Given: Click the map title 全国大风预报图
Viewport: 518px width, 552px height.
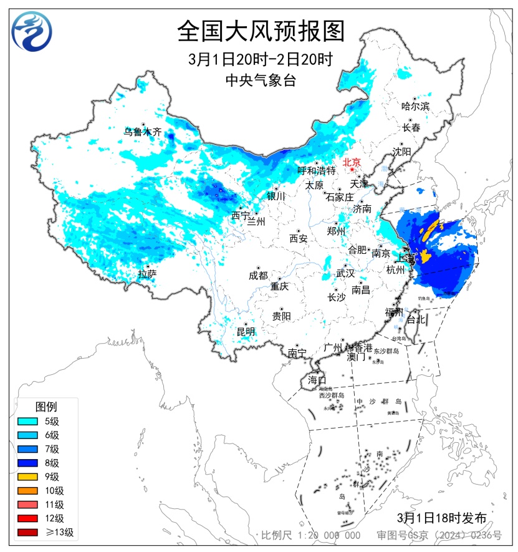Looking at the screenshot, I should click(x=261, y=30).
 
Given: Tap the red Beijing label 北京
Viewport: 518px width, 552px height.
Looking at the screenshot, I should click(x=352, y=161).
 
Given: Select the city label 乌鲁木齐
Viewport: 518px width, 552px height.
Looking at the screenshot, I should click(x=142, y=132).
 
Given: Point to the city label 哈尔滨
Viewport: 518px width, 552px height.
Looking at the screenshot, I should click(x=415, y=106).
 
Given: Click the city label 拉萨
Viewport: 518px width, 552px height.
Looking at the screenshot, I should click(x=147, y=273).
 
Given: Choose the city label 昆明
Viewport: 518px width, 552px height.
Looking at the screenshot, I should click(x=246, y=331).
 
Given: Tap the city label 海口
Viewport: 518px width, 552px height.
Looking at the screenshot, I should click(x=317, y=380).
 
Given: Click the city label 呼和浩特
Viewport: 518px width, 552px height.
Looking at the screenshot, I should click(x=316, y=170).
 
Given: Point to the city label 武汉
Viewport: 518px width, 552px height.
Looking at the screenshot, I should click(x=345, y=273).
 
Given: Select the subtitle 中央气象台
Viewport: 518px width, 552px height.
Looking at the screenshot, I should click(x=260, y=79).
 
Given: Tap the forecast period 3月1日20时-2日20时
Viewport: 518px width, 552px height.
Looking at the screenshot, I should click(x=260, y=59).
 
